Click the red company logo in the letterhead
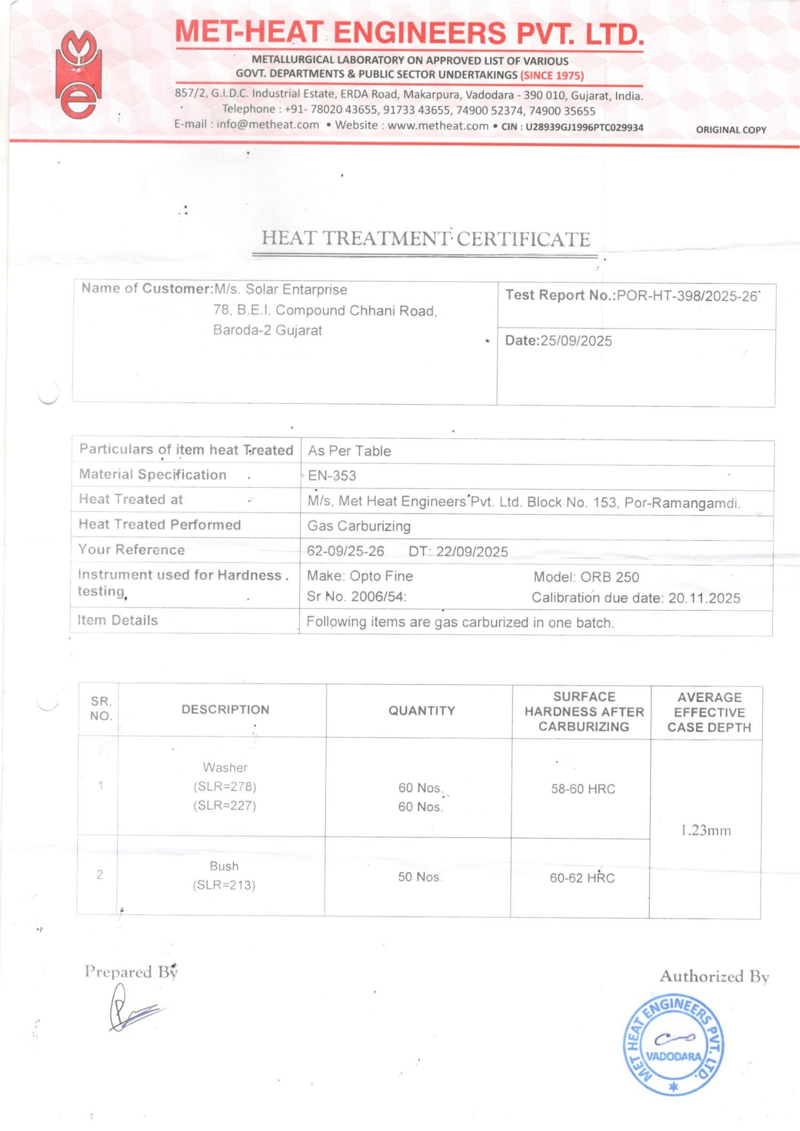pos(79,75)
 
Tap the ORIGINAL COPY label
pos(730,129)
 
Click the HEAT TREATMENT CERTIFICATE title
pos(425,239)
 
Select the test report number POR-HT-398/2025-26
pos(687,296)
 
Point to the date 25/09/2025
pos(575,341)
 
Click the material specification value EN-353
pos(332,476)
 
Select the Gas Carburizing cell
pos(359,526)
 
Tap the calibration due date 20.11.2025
pos(704,598)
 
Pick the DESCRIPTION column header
pos(225,710)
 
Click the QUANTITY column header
pos(421,711)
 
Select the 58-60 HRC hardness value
pos(583,789)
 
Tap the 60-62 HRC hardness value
pos(582,878)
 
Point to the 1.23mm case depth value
pos(706,830)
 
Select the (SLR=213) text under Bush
pos(224,885)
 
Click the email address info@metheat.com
pos(268,124)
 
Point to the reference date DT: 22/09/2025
pos(458,551)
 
